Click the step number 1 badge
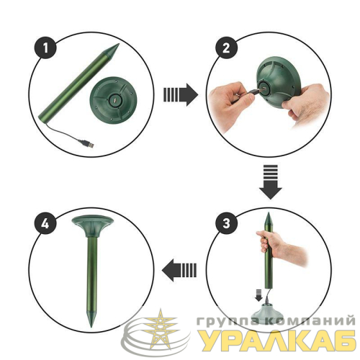click(x=45, y=48)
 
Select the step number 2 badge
click(x=226, y=48)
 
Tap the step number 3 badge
click(x=226, y=223)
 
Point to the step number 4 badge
click(x=45, y=224)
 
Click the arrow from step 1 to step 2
click(x=181, y=95)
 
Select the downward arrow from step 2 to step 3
click(x=271, y=181)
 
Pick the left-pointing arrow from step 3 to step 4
click(x=179, y=270)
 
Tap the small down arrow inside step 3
click(x=258, y=295)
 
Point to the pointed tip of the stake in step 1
click(x=119, y=44)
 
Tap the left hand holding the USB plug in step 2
click(x=230, y=106)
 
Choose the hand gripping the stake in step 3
click(x=281, y=246)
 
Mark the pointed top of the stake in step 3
click(x=269, y=213)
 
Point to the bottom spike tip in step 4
click(x=91, y=326)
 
